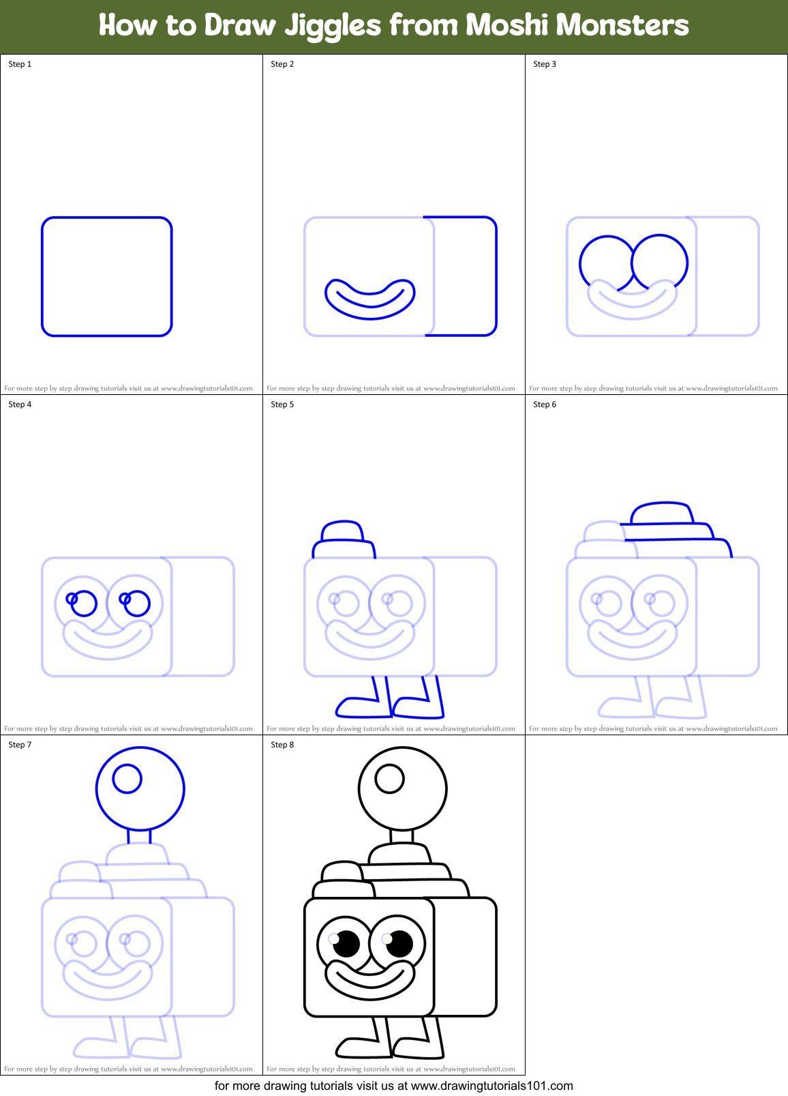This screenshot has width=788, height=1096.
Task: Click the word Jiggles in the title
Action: click(332, 27)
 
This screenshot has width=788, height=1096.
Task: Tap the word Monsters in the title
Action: click(623, 25)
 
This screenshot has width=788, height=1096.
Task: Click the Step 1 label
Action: click(20, 64)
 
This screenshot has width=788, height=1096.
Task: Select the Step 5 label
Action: click(282, 404)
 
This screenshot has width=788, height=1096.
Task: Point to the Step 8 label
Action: click(282, 745)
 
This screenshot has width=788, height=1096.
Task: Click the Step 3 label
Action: click(545, 64)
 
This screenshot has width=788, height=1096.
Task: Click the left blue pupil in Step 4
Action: click(85, 604)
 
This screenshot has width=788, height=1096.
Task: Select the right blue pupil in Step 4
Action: click(137, 604)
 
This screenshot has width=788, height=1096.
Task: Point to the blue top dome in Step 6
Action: click(662, 514)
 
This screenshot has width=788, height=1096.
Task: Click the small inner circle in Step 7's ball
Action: click(127, 778)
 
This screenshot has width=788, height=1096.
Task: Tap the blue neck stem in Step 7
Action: click(138, 836)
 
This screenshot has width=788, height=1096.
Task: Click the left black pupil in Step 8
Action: click(347, 944)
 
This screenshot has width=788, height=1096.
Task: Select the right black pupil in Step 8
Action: click(399, 944)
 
